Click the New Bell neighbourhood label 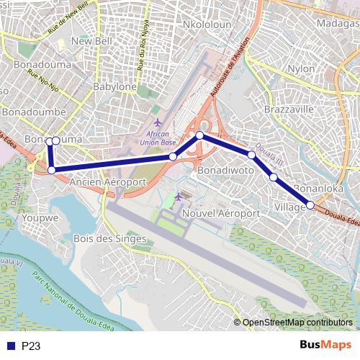point(91,41)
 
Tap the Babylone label point(114,86)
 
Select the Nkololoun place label point(207,24)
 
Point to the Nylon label point(300,68)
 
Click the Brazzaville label point(289,109)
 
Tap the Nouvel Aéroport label point(221,214)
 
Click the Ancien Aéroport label point(107,183)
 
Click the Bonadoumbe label point(34,112)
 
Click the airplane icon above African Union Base point(158,122)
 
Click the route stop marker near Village point(310,205)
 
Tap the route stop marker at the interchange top point(199,135)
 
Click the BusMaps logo point(325,346)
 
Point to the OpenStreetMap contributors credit point(297,323)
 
